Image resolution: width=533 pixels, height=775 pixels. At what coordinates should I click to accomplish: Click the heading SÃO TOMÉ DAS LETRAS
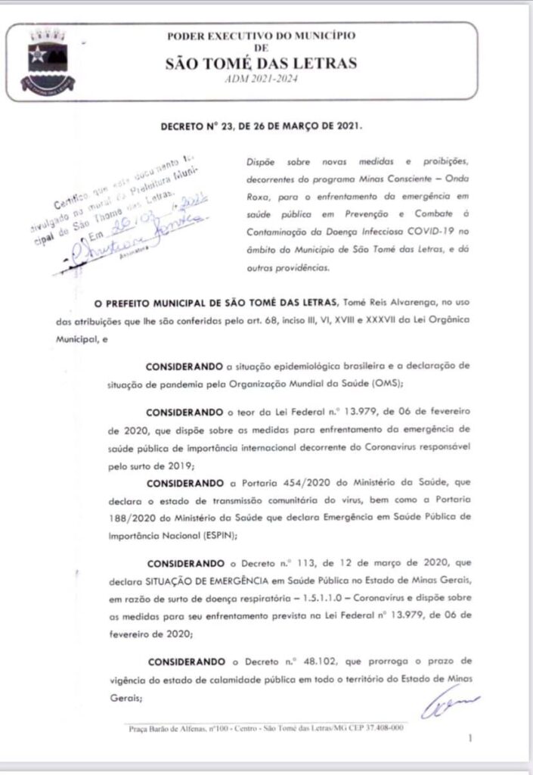[x=261, y=64]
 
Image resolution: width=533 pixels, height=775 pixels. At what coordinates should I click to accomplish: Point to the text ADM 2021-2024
[x=261, y=79]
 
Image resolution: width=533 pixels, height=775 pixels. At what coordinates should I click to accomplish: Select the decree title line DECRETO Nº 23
[x=262, y=126]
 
